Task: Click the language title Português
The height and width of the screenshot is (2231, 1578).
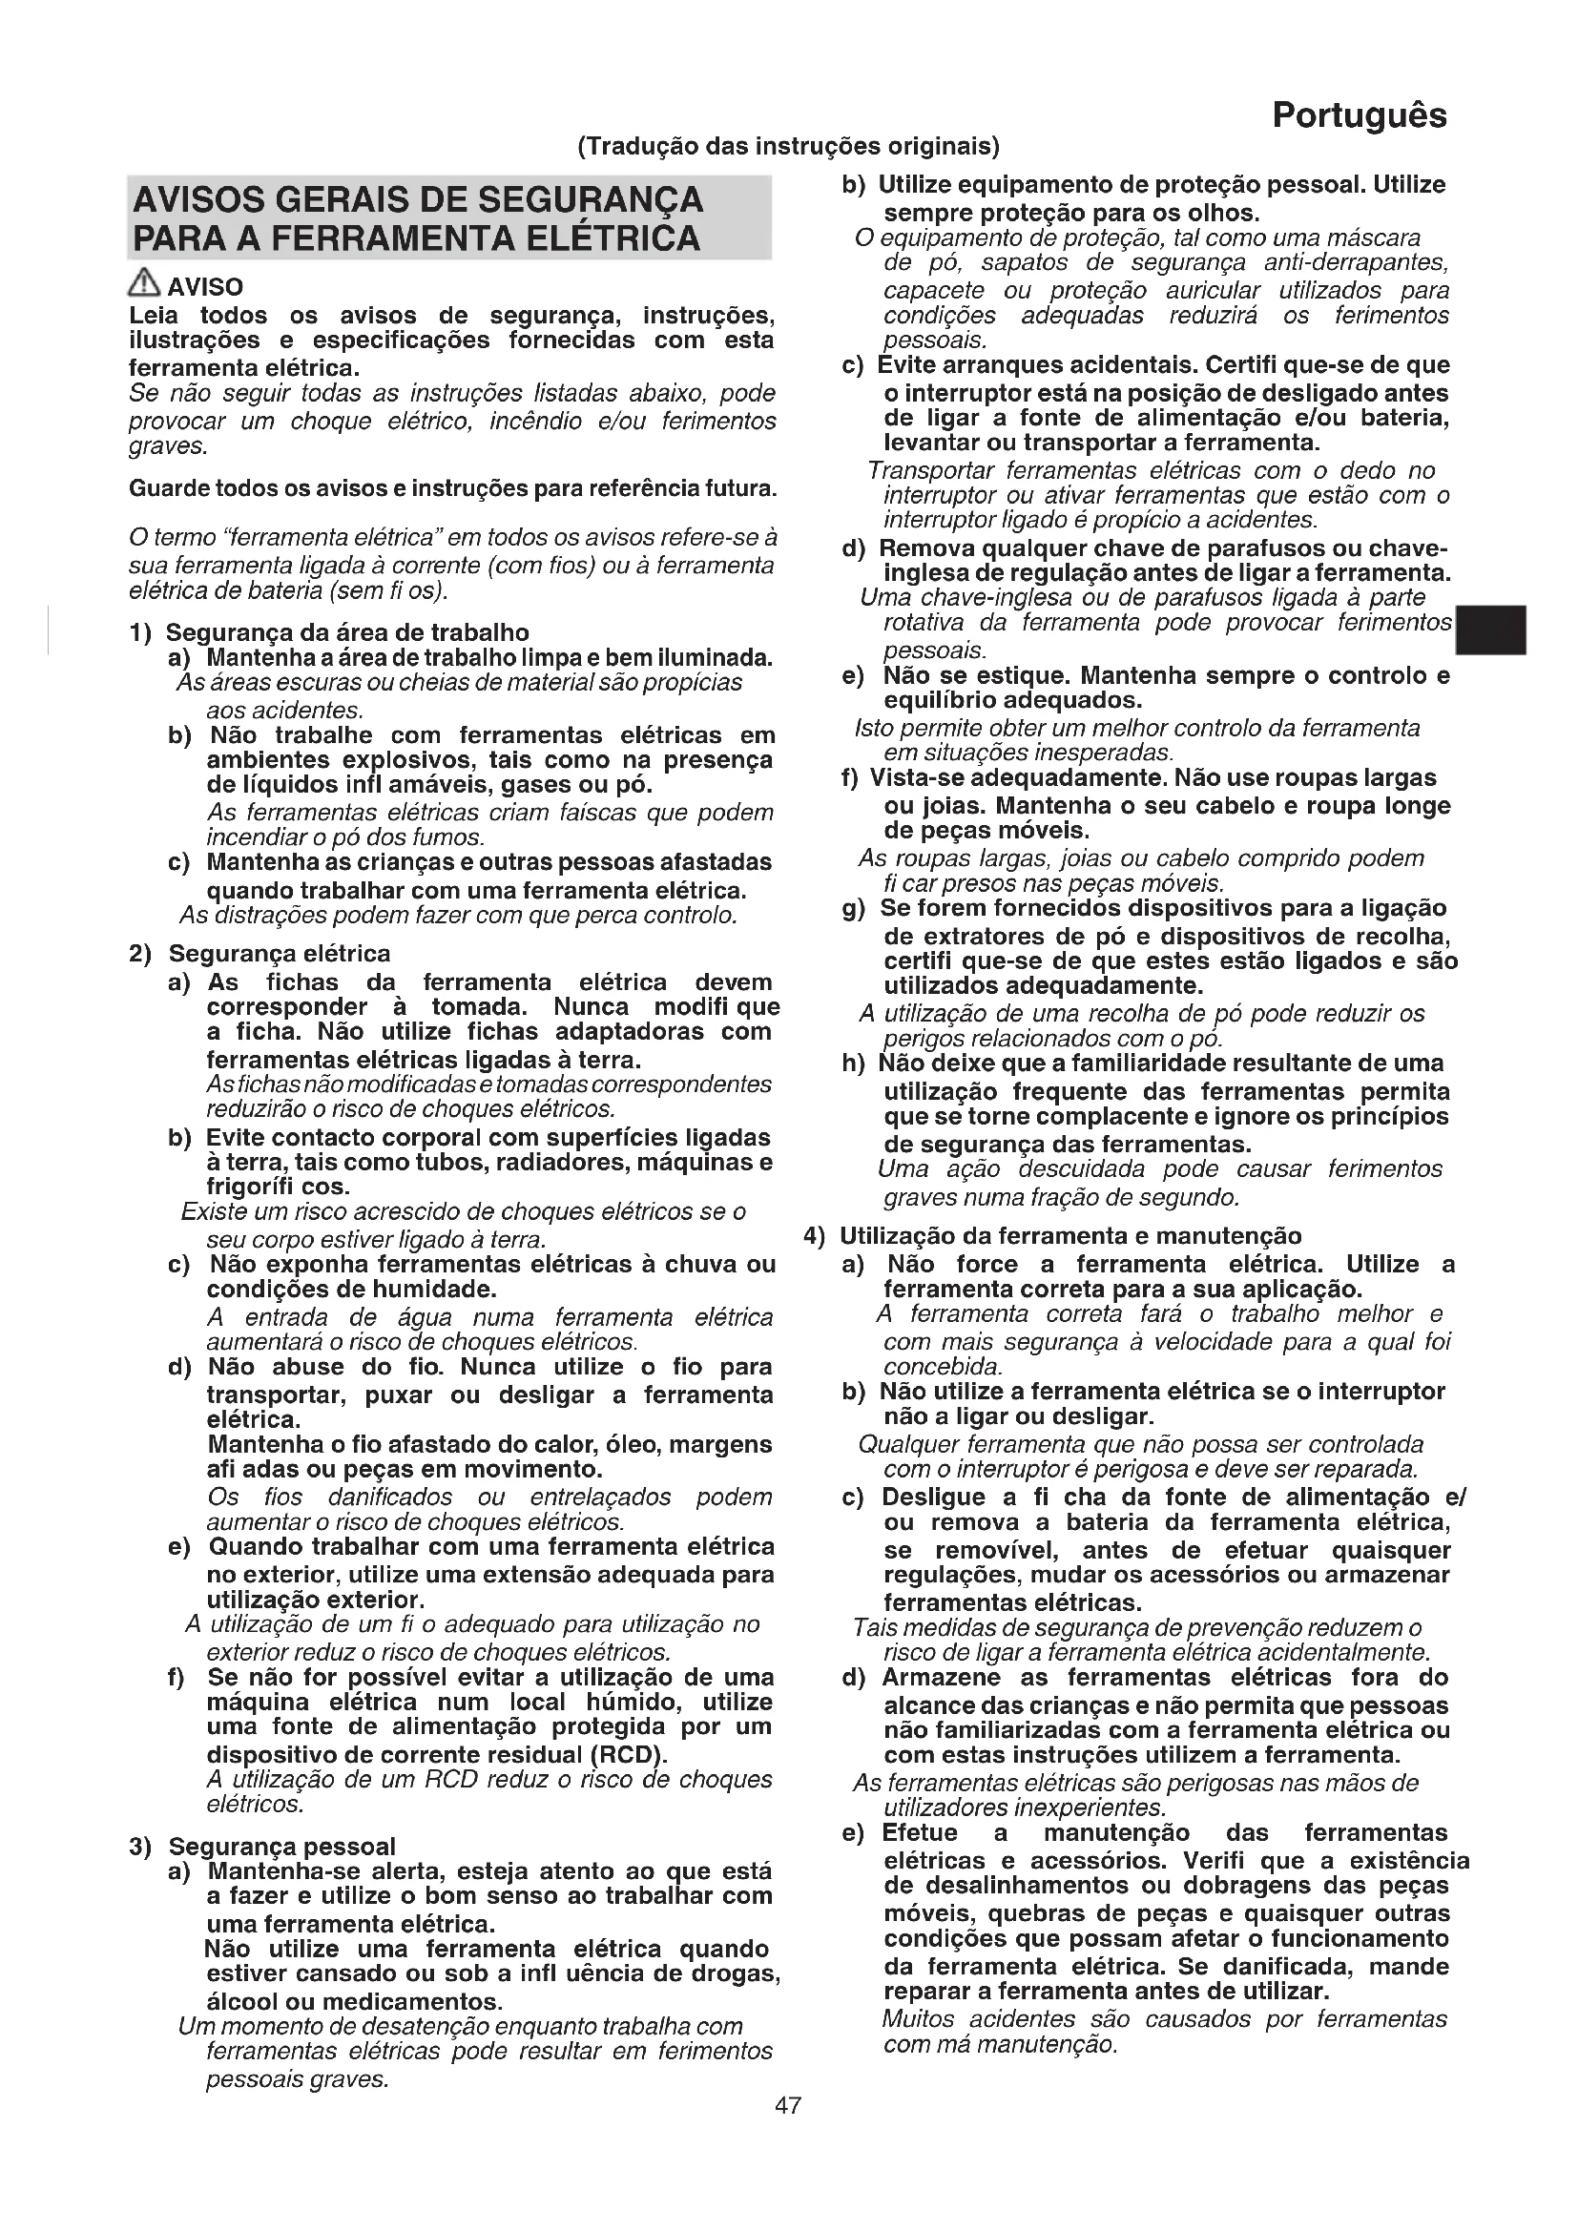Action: (x=1359, y=115)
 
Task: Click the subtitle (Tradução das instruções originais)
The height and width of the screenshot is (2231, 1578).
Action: (x=788, y=147)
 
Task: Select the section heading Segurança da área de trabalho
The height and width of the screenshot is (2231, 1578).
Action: (x=347, y=633)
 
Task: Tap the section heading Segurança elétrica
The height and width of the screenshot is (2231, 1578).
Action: (x=279, y=953)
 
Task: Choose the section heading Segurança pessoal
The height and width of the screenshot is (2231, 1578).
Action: (x=281, y=1847)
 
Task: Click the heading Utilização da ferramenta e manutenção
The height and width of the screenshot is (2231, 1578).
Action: (x=1069, y=1236)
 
